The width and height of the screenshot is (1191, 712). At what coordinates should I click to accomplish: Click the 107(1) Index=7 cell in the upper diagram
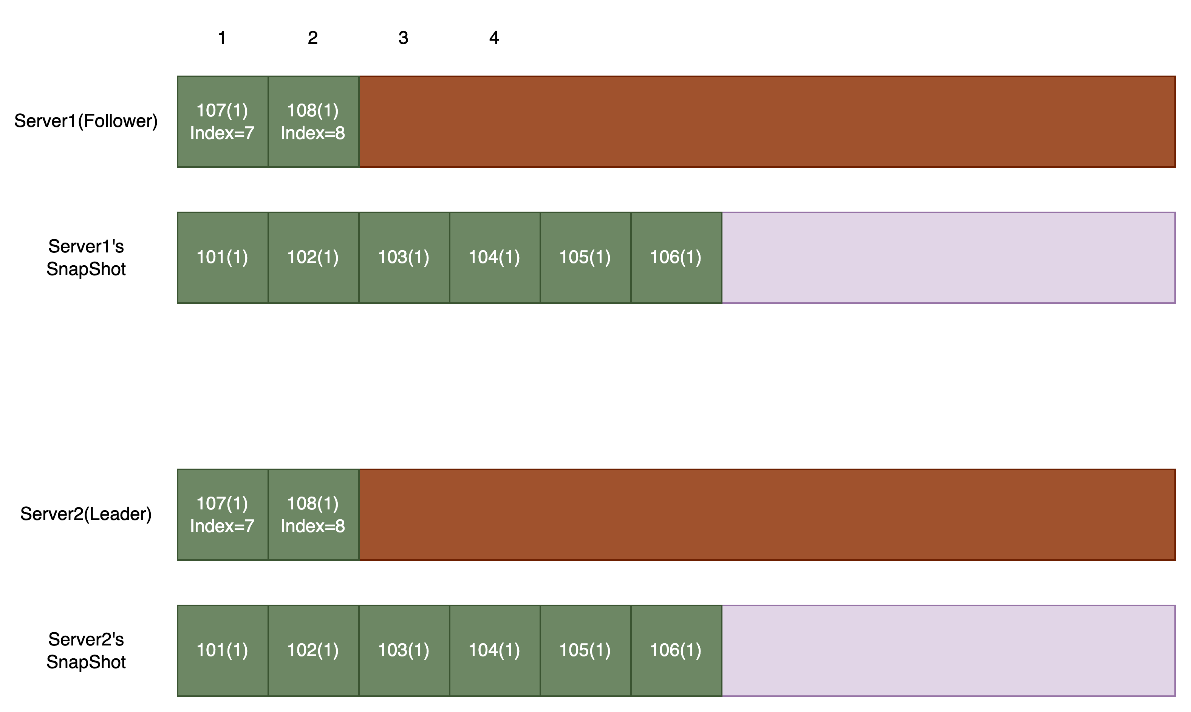coord(223,121)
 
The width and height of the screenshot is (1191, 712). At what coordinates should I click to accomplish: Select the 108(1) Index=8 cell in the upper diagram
coord(313,121)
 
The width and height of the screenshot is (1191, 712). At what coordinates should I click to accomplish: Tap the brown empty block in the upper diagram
coord(767,121)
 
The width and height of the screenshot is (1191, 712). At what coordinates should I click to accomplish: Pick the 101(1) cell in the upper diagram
coord(223,258)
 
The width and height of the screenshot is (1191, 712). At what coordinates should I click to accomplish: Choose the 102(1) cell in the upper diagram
coord(313,258)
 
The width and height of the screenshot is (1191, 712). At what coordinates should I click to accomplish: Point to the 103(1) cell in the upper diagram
coord(404,258)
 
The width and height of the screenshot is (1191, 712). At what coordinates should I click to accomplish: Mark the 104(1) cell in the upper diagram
coord(495,258)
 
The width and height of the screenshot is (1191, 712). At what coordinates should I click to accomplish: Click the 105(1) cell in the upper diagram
coord(585,258)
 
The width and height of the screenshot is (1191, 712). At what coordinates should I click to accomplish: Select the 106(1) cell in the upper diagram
coord(676,258)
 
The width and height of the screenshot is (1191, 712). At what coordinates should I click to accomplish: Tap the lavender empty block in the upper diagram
coord(948,258)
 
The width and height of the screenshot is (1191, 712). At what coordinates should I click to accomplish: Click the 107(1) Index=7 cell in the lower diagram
coord(223,514)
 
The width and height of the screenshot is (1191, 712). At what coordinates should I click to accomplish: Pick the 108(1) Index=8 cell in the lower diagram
coord(313,514)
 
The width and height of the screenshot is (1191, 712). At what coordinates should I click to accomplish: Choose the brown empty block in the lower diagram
coord(767,514)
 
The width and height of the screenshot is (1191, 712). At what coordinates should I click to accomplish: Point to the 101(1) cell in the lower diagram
coord(223,650)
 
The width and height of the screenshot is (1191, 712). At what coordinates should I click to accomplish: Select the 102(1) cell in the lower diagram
coord(313,650)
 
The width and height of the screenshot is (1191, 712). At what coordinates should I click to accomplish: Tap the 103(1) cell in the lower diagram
coord(404,650)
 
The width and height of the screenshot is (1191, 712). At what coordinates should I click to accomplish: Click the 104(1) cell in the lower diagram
coord(495,650)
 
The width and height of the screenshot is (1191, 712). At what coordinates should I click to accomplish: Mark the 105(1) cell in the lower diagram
coord(585,650)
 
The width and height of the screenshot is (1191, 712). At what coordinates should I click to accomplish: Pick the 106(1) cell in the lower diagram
coord(676,650)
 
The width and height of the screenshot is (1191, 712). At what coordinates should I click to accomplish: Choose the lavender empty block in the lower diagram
coord(948,650)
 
